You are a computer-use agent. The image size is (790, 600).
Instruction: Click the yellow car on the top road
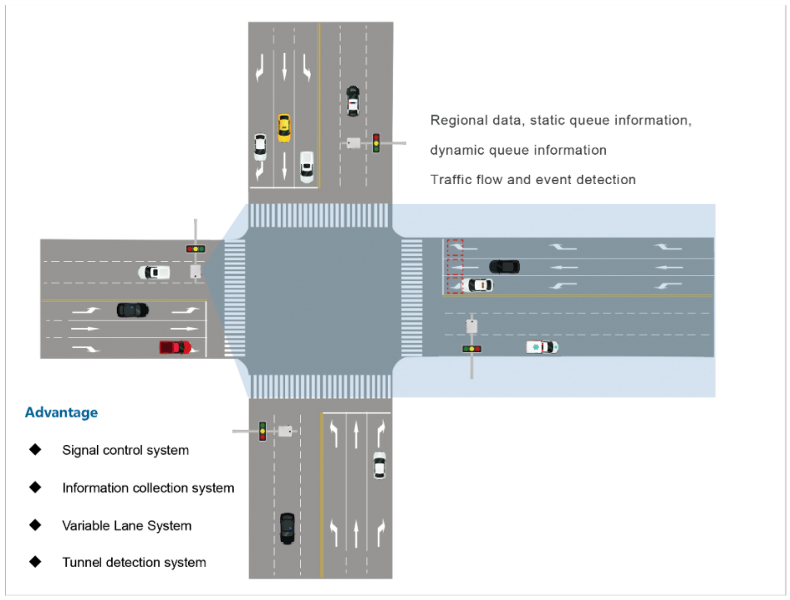pos(284,127)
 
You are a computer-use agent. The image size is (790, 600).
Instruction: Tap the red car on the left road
pos(175,346)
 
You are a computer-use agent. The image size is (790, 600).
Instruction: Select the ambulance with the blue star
pos(542,346)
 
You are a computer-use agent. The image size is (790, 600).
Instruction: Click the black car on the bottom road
pos(287,527)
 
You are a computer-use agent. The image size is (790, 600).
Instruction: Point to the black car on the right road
pos(504,266)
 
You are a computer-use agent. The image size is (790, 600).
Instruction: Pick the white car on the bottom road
pos(379,464)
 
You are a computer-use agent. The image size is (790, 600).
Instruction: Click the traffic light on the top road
pos(376,143)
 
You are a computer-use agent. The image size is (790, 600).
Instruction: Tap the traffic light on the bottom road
pos(262,431)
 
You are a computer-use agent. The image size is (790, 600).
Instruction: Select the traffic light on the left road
pos(196,249)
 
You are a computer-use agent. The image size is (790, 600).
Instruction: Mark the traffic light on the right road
pos(472,349)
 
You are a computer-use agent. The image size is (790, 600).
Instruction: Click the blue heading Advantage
pos(61,413)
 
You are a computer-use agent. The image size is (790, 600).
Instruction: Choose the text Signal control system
pos(125,451)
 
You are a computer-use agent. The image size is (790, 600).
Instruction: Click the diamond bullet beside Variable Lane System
pos(35,525)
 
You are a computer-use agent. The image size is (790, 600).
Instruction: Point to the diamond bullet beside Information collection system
pos(35,487)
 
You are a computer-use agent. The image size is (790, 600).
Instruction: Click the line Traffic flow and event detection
pos(532,179)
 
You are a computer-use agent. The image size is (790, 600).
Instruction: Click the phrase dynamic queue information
pos(518,150)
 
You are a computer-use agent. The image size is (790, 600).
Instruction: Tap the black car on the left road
pos(133,310)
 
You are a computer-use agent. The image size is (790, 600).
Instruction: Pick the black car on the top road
pos(353,99)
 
